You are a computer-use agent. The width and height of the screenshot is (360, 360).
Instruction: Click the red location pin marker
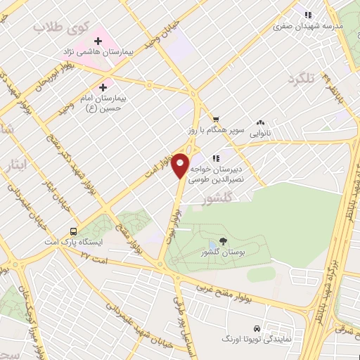(x=181, y=165)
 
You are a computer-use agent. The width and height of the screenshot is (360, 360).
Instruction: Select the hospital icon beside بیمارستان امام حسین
(x=103, y=87)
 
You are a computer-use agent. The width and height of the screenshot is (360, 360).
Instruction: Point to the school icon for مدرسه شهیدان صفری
(x=307, y=14)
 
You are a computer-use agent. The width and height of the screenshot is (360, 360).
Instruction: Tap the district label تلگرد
(x=303, y=78)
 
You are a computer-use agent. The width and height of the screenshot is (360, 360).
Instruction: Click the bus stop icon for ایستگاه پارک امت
(x=73, y=231)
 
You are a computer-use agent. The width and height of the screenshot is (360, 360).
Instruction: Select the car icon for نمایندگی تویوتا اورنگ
(x=257, y=328)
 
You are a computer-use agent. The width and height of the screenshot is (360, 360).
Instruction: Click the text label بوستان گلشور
(x=220, y=252)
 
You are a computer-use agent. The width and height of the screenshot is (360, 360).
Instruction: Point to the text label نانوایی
(x=260, y=131)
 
